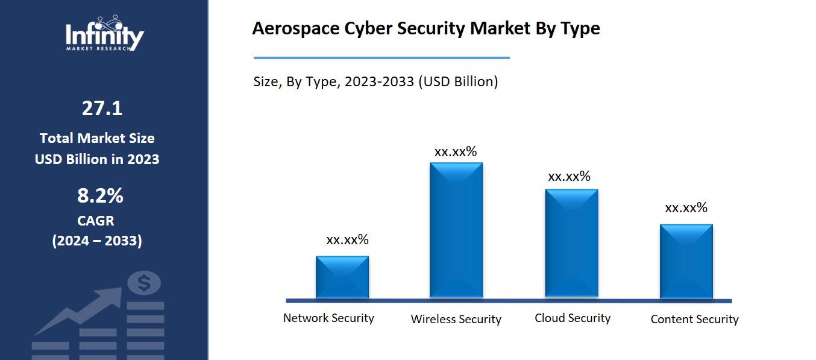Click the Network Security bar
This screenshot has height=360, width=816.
[342, 277]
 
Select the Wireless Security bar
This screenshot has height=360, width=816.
[456, 230]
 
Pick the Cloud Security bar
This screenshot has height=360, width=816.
[572, 243]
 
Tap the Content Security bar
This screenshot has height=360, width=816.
[686, 261]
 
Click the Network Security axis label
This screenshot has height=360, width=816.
[328, 318]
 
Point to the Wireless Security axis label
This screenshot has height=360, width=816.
[456, 319]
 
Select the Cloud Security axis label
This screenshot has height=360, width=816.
[573, 318]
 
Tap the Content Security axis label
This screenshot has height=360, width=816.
[694, 319]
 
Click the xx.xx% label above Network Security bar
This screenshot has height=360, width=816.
[347, 239]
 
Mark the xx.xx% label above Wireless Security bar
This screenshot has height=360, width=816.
[456, 151]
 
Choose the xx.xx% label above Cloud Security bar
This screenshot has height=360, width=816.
[569, 177]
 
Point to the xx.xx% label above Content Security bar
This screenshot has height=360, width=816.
[686, 208]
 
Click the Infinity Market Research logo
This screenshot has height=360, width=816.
[105, 34]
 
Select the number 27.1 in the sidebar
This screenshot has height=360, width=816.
[102, 109]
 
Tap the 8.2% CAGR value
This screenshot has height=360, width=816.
[100, 196]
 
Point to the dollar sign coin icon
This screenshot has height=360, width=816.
[144, 282]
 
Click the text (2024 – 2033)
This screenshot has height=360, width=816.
[97, 241]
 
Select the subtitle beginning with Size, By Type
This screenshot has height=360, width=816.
[375, 81]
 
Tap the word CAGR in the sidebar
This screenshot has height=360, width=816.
[96, 220]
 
